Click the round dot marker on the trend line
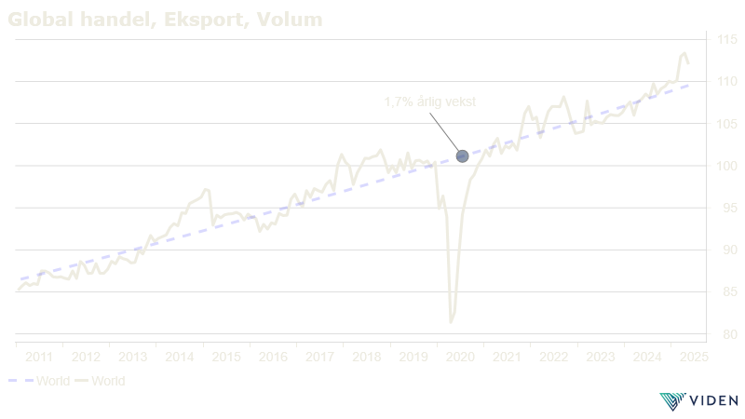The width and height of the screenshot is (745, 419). pos(462,155)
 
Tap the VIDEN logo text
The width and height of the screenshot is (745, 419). pos(714,401)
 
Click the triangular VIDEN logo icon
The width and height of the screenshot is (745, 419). pos(670,401)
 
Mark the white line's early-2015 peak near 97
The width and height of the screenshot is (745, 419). pos(206,190)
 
